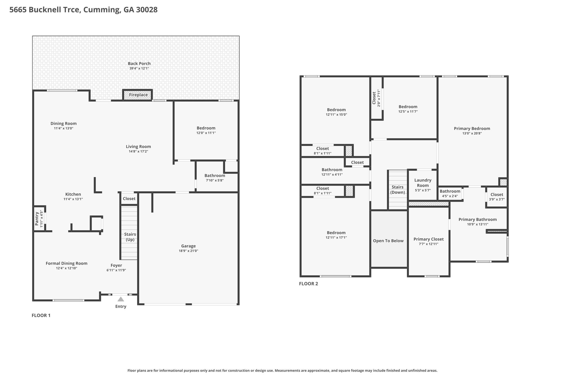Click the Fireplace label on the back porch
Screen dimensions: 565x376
[138, 95]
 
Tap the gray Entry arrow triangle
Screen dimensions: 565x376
[121, 299]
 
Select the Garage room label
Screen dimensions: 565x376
[188, 246]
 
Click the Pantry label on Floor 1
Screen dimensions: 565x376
[37, 219]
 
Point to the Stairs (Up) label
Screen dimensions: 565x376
[130, 237]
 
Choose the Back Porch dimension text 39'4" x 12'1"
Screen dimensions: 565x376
[139, 68]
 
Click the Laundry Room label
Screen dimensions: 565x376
[423, 183]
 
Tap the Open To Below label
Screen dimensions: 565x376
[388, 241]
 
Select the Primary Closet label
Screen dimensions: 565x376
[428, 239]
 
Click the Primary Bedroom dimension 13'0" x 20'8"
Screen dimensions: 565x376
[472, 133]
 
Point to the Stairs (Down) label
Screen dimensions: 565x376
[398, 190]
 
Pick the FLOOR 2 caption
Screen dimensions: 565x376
[308, 284]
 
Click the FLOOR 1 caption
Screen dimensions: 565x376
[41, 315]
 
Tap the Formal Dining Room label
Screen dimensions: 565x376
[66, 263]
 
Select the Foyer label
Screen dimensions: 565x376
[116, 265]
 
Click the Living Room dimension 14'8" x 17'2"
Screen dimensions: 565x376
[138, 151]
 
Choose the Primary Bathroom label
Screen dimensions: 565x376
[478, 219]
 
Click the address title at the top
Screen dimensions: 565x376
[84, 10]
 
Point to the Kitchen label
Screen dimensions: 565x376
[73, 194]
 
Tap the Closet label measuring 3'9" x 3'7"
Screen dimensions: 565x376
[497, 194]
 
